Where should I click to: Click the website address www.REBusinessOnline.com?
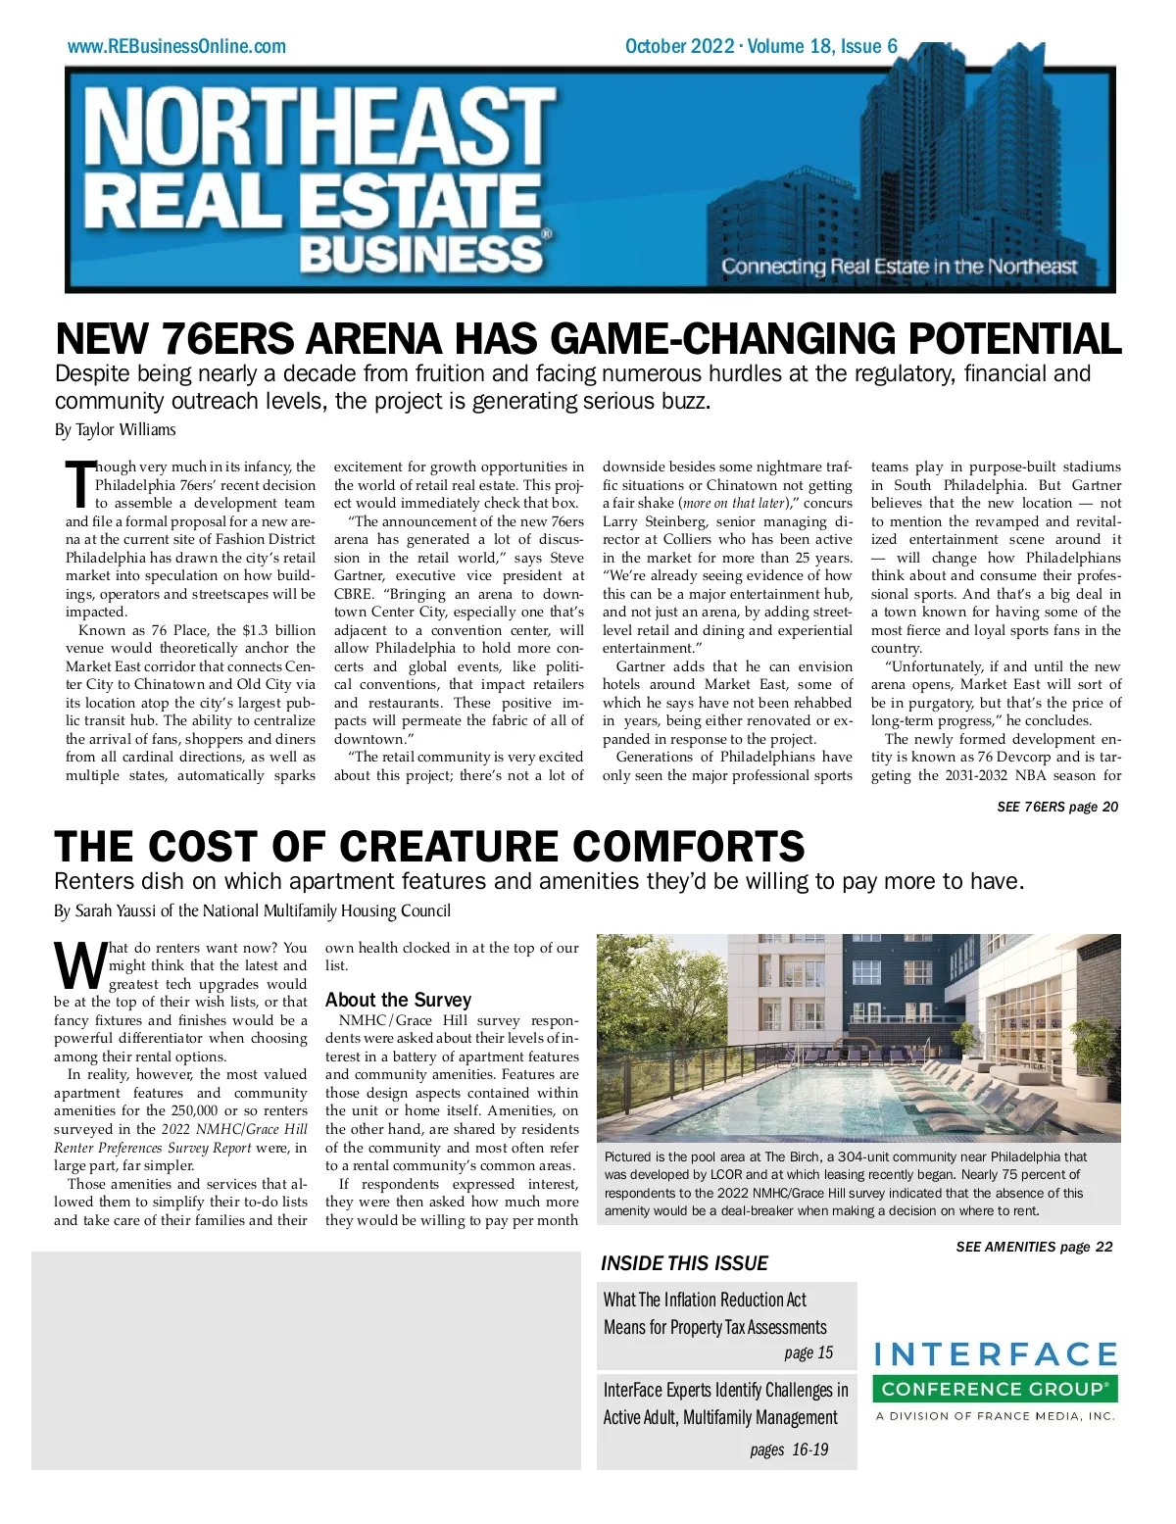tap(176, 46)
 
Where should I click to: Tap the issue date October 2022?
tap(679, 46)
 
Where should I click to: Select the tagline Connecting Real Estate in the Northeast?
tap(899, 267)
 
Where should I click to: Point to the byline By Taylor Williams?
tap(115, 429)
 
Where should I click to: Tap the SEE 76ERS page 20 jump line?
tap(1056, 807)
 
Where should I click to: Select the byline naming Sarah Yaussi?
tap(252, 910)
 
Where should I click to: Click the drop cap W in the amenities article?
tap(78, 965)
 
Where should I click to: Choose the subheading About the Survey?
tap(398, 1000)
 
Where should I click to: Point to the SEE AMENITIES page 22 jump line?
tap(1034, 1247)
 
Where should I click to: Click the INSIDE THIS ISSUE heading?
tap(684, 1263)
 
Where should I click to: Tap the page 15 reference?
tap(808, 1352)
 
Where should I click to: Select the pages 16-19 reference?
tap(789, 1450)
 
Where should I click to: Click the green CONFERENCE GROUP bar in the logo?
tap(995, 1389)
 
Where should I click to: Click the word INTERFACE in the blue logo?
tap(995, 1355)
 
